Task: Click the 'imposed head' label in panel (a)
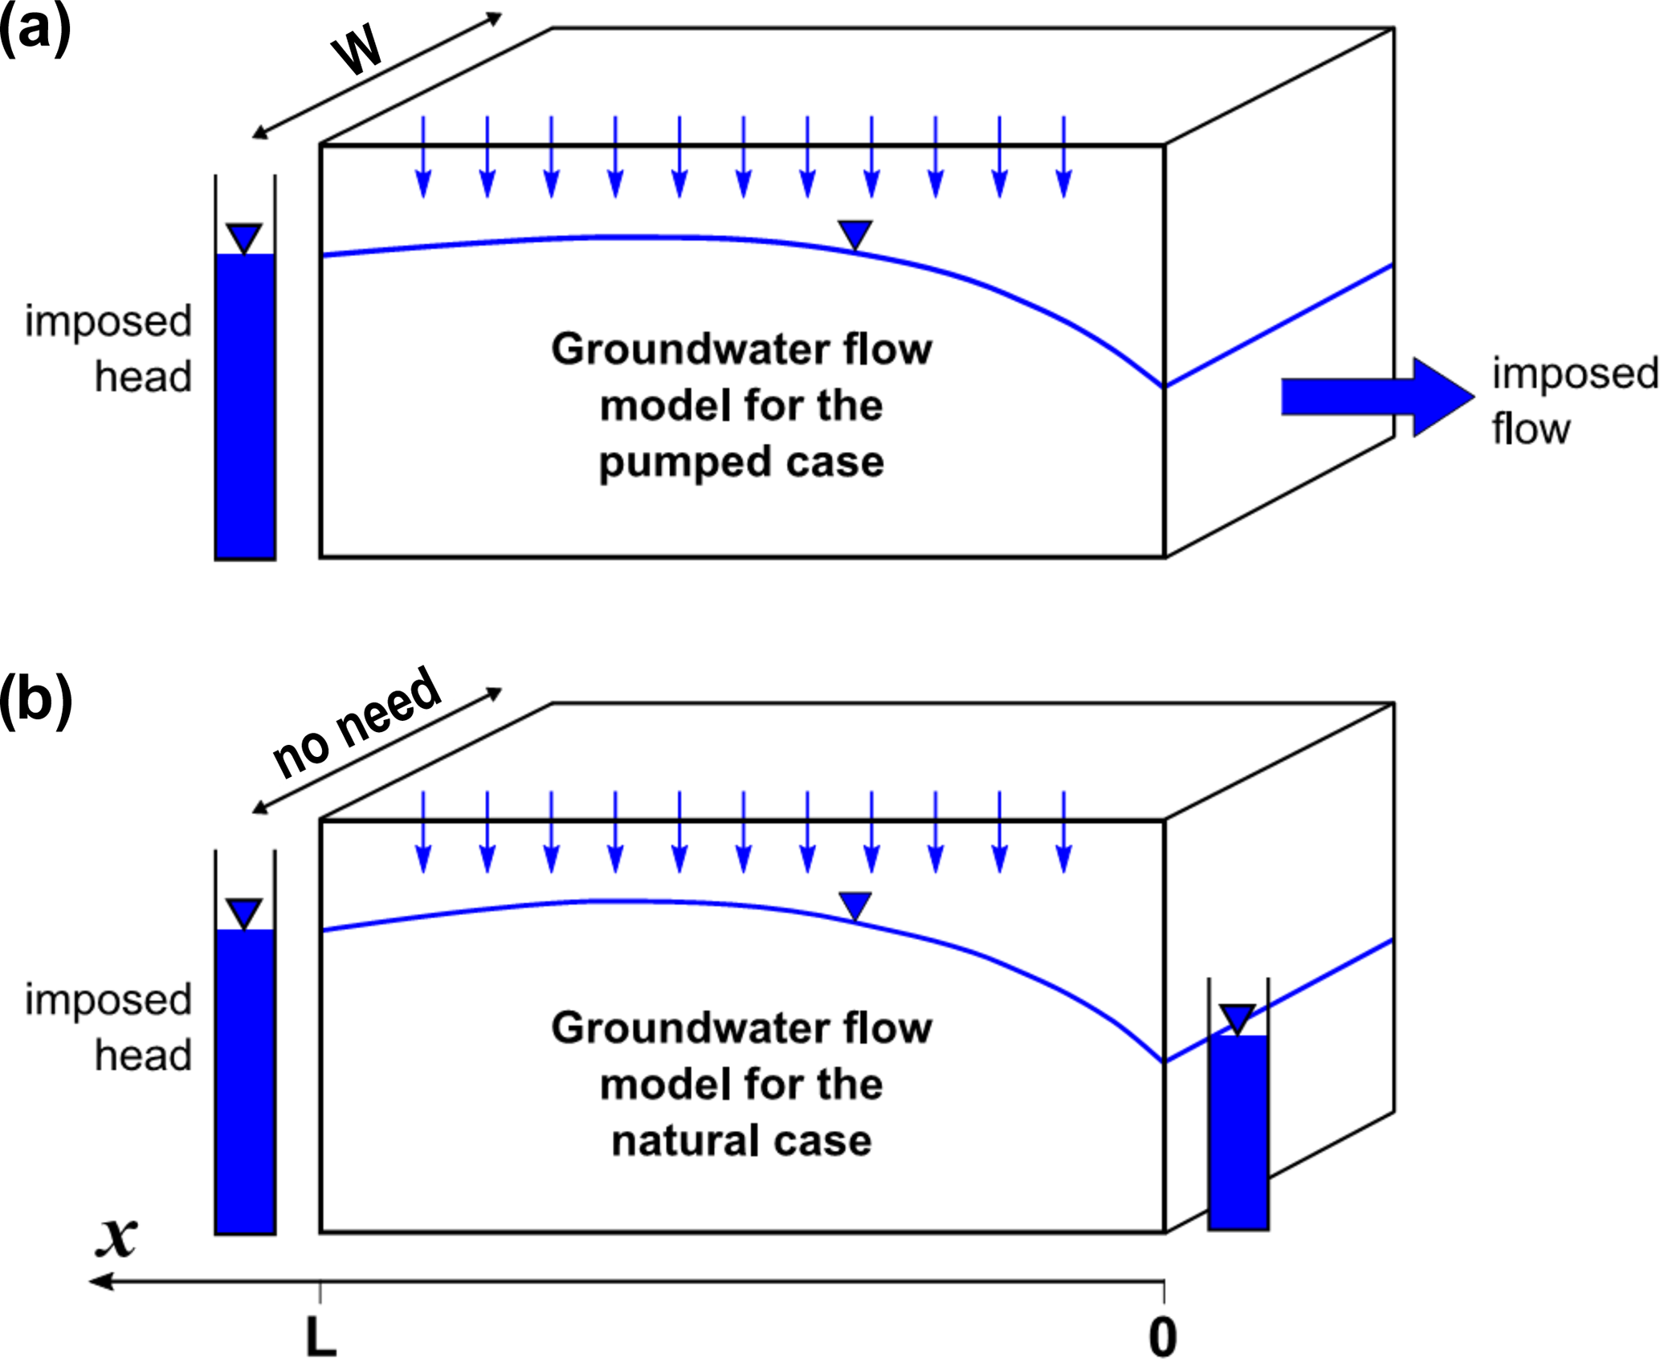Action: click(109, 348)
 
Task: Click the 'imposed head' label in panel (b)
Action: click(109, 1027)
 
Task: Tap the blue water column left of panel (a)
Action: click(245, 405)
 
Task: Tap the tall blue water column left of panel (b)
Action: click(245, 1080)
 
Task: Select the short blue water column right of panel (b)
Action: click(1238, 1132)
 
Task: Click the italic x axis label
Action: click(117, 1237)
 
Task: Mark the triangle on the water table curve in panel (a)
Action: click(854, 234)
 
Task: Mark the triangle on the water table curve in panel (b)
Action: click(854, 906)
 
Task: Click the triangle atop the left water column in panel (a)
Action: click(245, 238)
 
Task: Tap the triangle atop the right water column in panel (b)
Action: click(1238, 1018)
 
